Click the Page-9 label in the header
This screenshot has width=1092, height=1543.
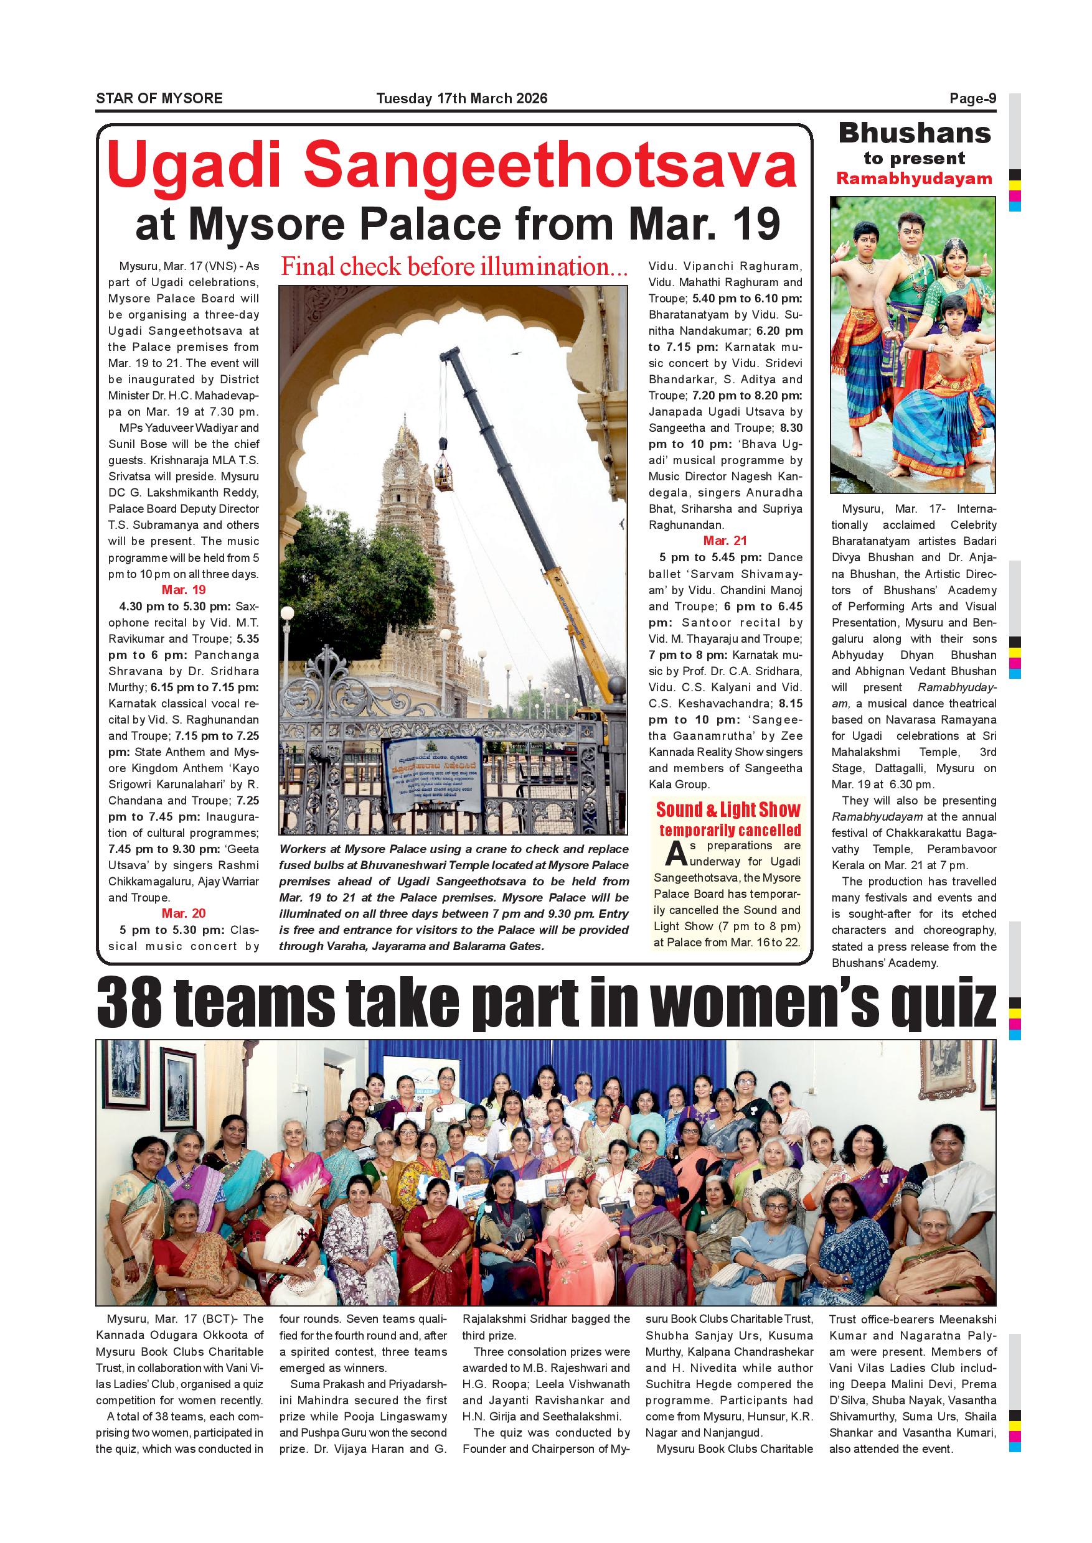(x=972, y=99)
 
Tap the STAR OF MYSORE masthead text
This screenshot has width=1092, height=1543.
(x=159, y=99)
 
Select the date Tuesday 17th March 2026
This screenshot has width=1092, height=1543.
(x=462, y=99)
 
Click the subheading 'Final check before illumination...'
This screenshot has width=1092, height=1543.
(x=454, y=267)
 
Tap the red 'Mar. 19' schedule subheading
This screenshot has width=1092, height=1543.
(x=184, y=590)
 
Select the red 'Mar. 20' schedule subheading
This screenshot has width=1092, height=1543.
(x=184, y=913)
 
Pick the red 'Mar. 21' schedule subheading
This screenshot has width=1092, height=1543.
(x=725, y=541)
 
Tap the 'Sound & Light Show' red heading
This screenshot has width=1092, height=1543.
(x=728, y=810)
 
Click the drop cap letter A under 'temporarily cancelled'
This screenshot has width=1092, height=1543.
(x=675, y=854)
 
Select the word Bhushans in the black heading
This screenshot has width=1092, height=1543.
(x=915, y=133)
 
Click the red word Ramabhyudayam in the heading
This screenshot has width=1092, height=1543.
(x=914, y=179)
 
